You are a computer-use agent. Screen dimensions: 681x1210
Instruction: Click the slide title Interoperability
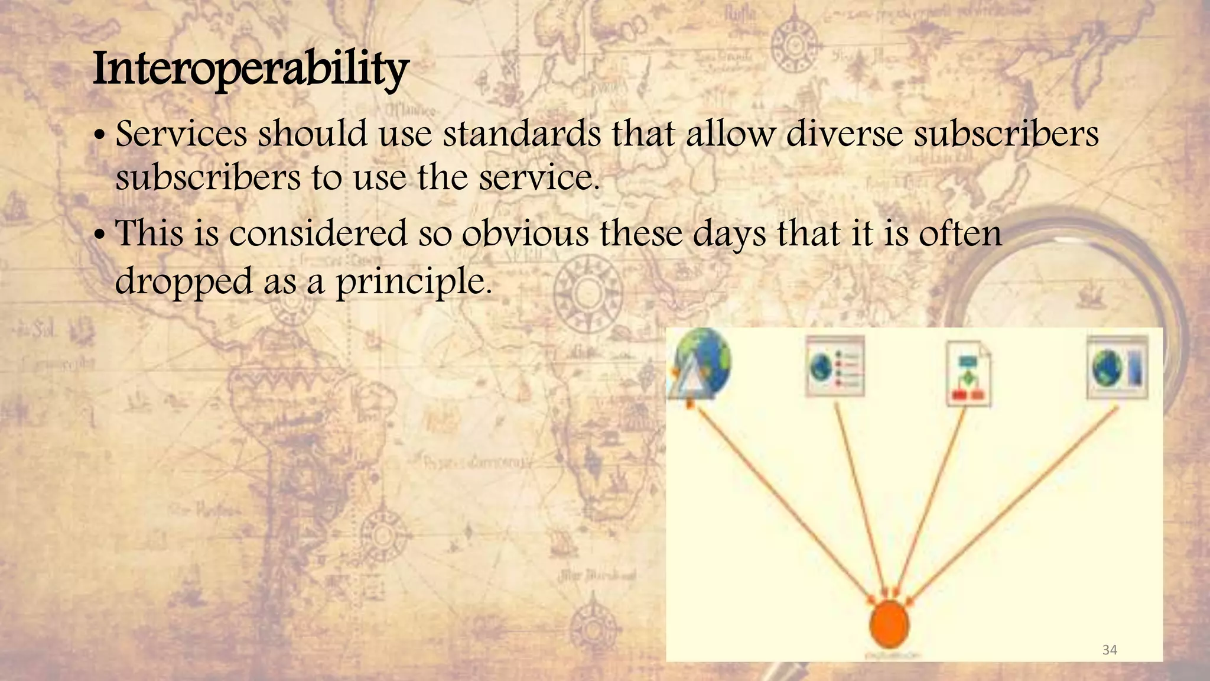point(251,70)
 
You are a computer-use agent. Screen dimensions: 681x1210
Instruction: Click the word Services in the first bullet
point(181,134)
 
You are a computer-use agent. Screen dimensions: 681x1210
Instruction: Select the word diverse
point(844,134)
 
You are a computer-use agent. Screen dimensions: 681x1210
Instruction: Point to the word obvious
point(525,233)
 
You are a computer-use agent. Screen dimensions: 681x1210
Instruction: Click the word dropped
point(183,282)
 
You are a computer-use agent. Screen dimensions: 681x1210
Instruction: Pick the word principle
point(413,282)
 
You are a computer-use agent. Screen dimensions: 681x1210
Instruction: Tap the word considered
point(318,233)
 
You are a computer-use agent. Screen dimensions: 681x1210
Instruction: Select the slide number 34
point(1110,650)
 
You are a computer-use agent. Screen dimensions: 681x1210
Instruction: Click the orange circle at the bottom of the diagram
point(889,624)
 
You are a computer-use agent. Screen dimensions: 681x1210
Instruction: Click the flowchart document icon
point(968,374)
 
